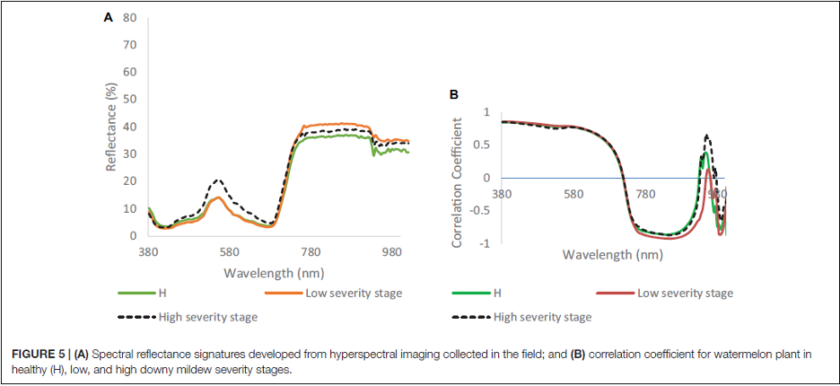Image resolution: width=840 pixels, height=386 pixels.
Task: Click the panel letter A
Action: (109, 18)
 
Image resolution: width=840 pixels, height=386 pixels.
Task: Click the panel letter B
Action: (453, 95)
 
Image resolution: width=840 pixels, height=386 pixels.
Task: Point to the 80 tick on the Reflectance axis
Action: (130, 18)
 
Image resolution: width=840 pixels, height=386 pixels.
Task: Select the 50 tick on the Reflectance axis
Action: (130, 100)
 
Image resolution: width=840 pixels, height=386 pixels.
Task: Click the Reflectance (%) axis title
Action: (111, 127)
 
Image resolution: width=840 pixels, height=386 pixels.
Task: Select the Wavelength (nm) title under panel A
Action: (274, 272)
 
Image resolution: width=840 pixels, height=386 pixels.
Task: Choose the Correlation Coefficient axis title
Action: (457, 179)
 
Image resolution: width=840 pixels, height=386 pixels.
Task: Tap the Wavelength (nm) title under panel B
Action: (613, 255)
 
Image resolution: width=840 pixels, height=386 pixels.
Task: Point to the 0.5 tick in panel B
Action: (483, 145)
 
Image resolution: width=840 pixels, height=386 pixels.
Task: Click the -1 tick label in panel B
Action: (486, 244)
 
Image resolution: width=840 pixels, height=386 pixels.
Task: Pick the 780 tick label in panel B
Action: (645, 193)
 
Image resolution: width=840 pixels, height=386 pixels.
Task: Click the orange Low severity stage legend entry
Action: (334, 294)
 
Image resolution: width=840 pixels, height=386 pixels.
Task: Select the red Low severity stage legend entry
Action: (664, 294)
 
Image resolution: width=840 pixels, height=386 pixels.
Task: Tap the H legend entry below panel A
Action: (142, 294)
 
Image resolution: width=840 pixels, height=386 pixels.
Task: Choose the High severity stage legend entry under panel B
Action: (522, 317)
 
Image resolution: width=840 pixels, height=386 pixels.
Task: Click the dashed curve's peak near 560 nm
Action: (217, 180)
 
